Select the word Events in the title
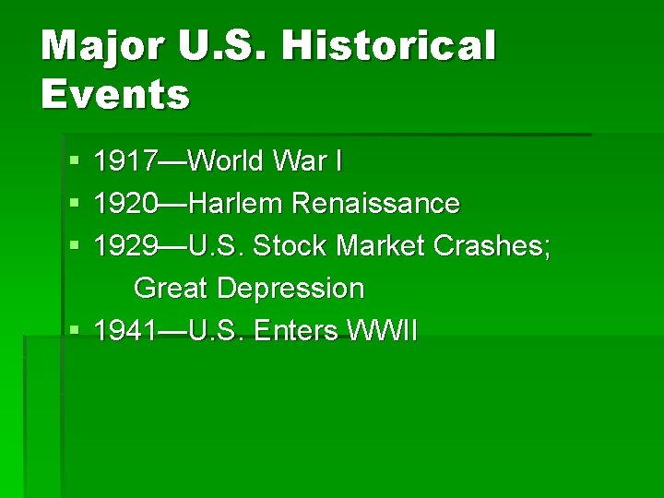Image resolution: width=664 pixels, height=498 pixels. pos(115,93)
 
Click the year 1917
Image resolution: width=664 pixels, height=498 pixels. pos(125,162)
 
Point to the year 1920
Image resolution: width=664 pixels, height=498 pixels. pos(125,203)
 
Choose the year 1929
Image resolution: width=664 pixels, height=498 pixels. pos(125,245)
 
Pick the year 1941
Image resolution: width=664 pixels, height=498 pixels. pos(125,330)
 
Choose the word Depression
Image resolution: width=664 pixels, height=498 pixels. pos(290,289)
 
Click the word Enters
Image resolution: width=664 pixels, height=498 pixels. pos(296,330)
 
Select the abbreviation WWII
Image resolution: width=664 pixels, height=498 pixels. pos(383,330)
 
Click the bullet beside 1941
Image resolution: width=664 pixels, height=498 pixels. pos(74,331)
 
